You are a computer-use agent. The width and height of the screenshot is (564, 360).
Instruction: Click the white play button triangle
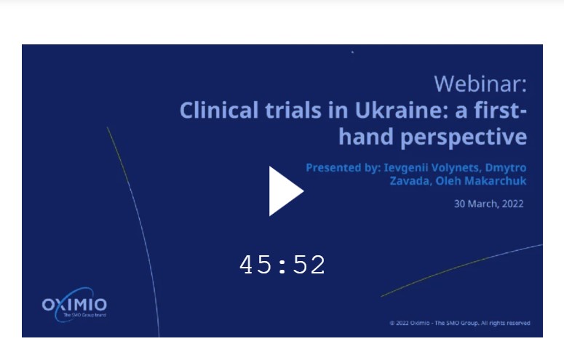click(285, 191)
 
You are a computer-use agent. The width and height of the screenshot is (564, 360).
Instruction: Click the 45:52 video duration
click(282, 265)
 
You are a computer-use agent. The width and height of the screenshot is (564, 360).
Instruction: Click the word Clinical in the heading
click(219, 111)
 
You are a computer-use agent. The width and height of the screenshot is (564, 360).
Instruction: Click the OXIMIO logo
click(74, 305)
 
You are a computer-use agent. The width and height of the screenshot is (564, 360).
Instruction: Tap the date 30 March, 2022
click(488, 204)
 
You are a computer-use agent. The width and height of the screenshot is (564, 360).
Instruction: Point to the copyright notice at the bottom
click(460, 323)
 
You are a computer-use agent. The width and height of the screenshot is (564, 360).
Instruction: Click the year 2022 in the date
click(511, 204)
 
